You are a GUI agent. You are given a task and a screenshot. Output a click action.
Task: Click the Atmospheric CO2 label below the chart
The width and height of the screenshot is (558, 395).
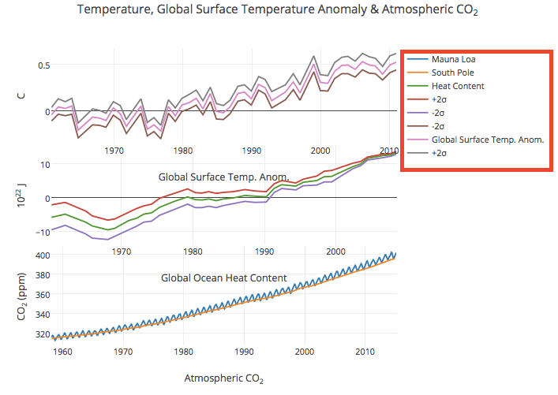(x=223, y=378)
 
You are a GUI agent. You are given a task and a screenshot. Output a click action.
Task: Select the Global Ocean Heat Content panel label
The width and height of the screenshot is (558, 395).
(x=223, y=278)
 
